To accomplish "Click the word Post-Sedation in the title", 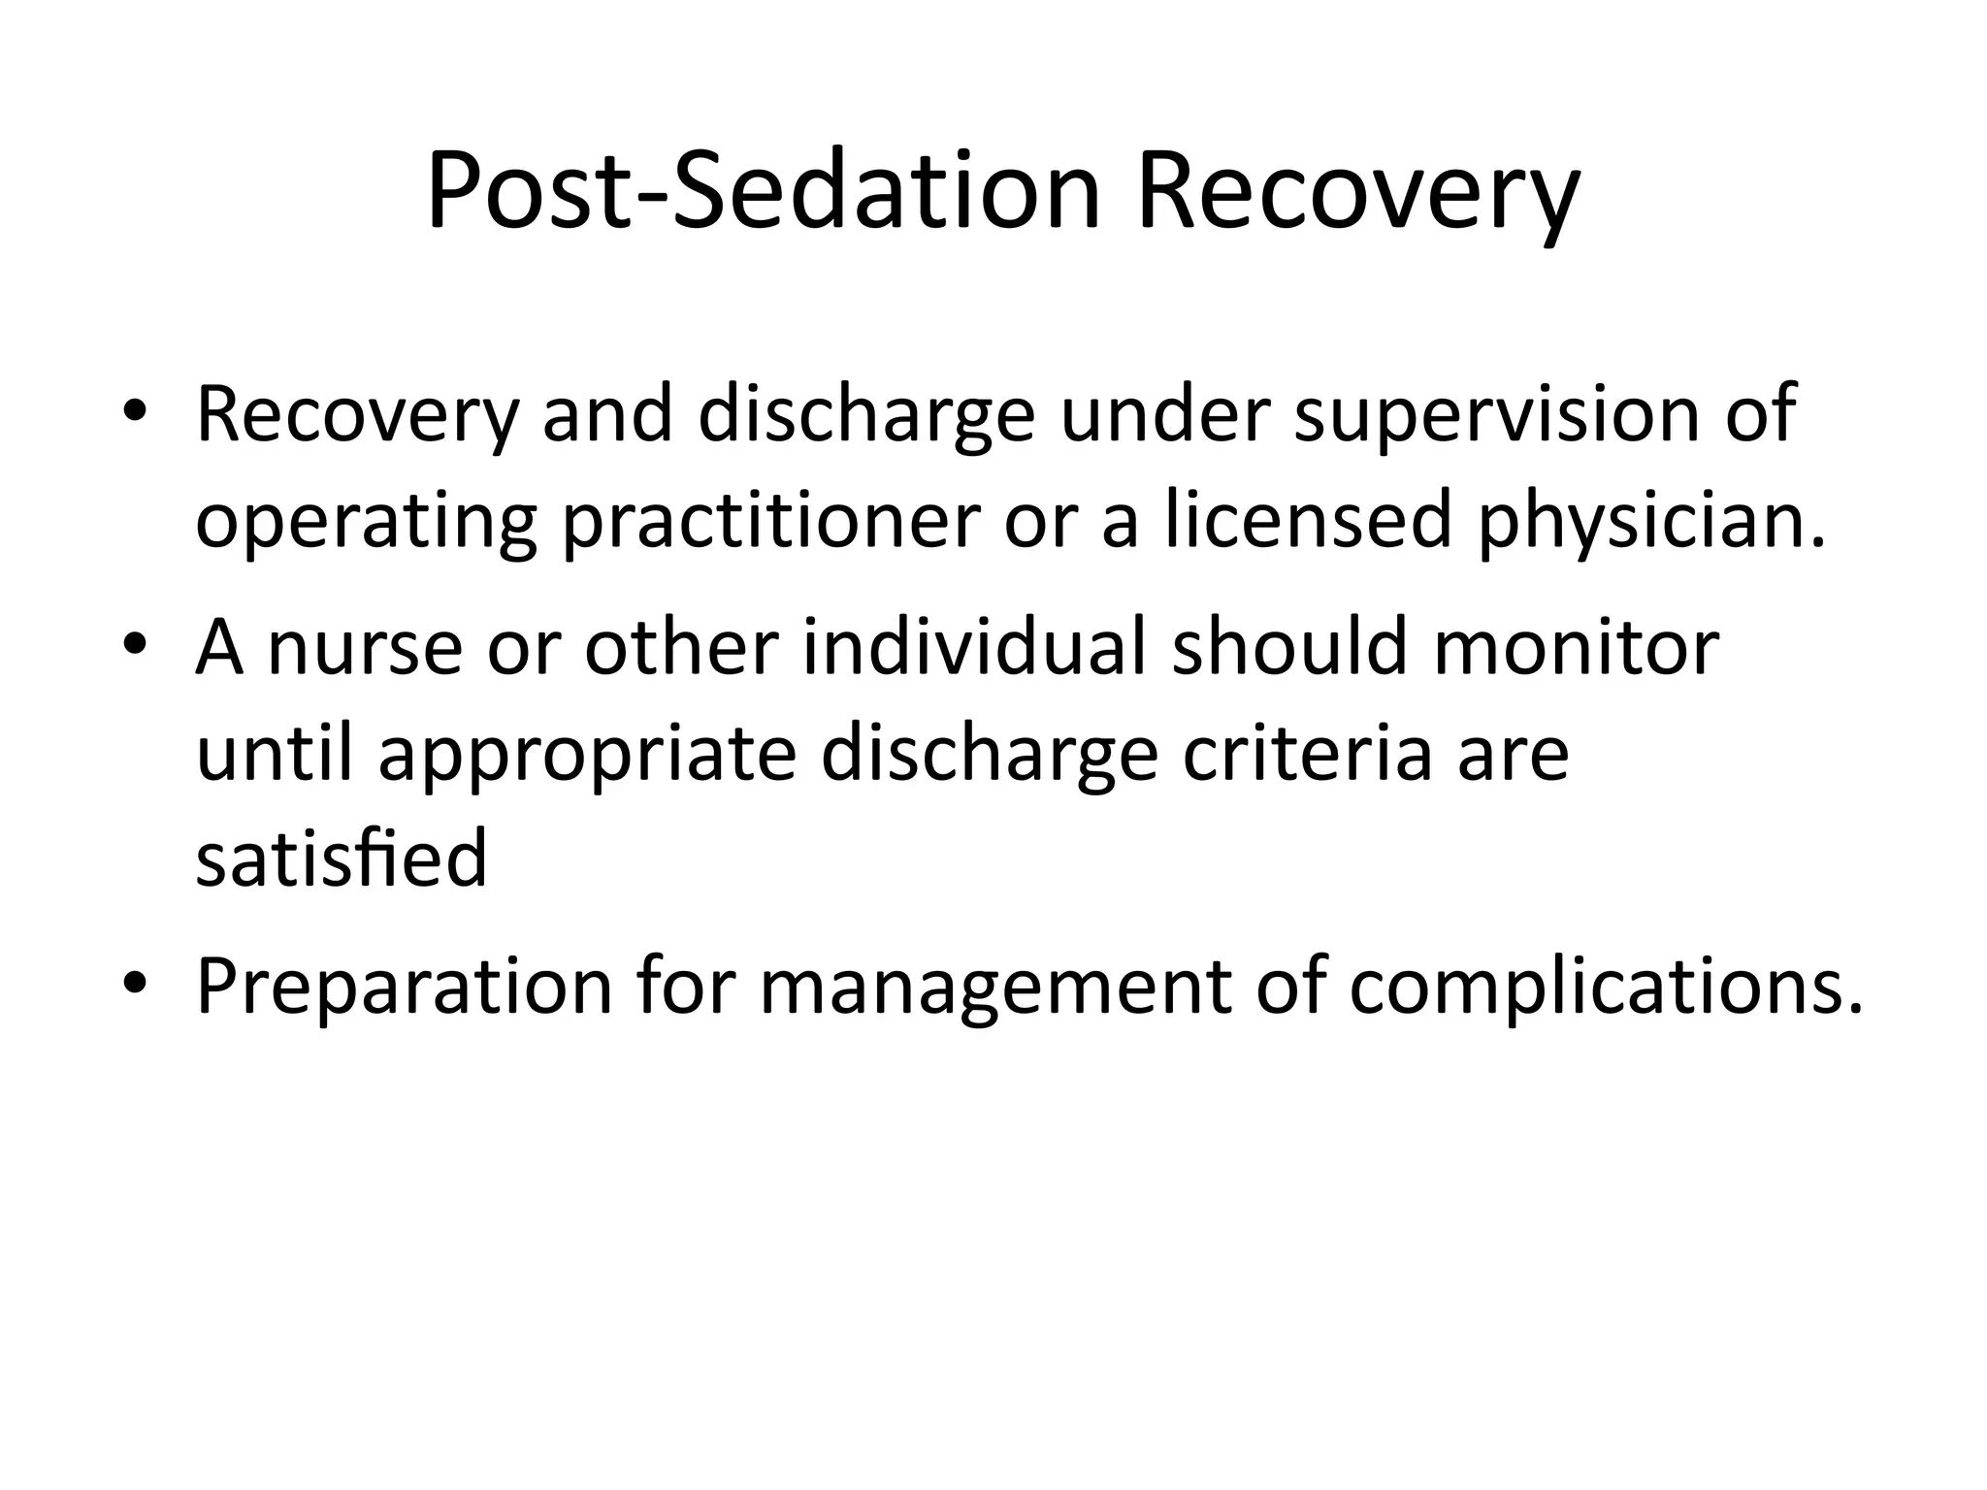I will [764, 190].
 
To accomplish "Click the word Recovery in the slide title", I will [1357, 190].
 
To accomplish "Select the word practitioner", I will [771, 523].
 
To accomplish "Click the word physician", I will [1650, 523].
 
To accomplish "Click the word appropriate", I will [587, 757].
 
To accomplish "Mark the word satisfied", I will [342, 859].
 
